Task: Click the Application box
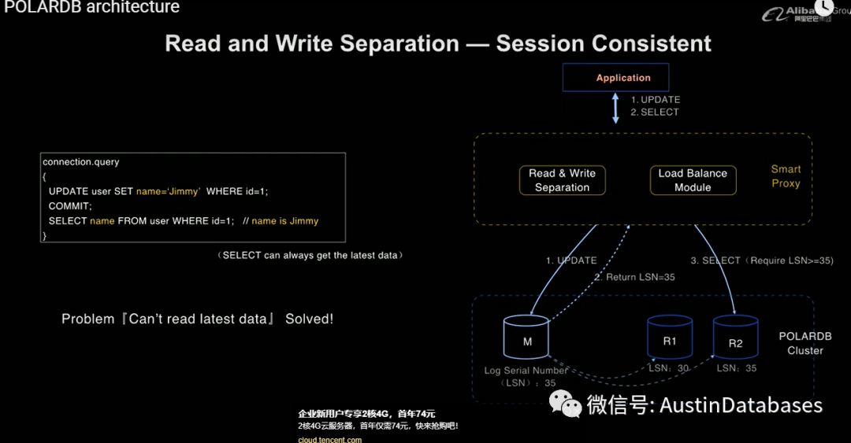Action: [616, 78]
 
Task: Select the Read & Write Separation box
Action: [562, 180]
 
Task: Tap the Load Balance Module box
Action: [693, 180]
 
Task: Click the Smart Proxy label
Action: [786, 176]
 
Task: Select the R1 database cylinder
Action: [670, 338]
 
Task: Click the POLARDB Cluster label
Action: [805, 343]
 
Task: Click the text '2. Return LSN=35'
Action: [634, 277]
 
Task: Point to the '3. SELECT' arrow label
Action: [715, 260]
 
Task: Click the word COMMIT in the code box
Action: [70, 205]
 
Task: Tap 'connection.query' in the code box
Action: [81, 162]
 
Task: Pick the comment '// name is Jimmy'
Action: [281, 221]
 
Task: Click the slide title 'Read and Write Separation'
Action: [312, 43]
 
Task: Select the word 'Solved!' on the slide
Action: [309, 319]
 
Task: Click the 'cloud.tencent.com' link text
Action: [330, 439]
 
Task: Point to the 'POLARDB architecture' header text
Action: [92, 8]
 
